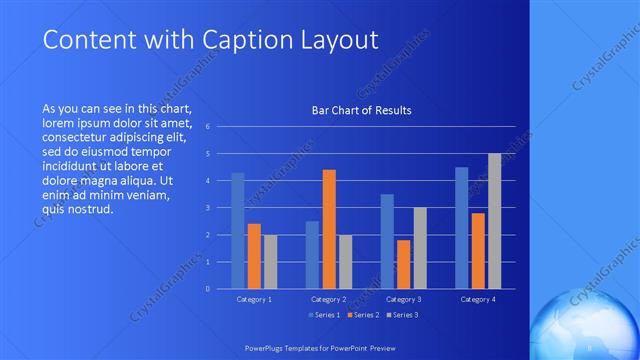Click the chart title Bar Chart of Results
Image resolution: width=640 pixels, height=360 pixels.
[x=361, y=110]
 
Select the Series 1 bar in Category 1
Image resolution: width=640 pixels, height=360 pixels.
[x=238, y=230]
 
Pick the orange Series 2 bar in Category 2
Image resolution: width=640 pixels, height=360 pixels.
[x=329, y=229]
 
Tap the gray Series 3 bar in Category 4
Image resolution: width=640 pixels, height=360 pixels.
[x=494, y=221]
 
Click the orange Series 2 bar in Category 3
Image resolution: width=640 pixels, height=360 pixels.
[x=403, y=264]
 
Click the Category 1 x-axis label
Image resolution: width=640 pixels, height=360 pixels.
[x=254, y=299]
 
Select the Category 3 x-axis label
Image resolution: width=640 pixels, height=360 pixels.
[x=403, y=299]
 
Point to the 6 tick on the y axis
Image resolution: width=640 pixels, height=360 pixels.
[x=206, y=127]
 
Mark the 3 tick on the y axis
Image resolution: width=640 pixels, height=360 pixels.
[x=206, y=208]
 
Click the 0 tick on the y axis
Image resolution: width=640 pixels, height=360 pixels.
[x=206, y=289]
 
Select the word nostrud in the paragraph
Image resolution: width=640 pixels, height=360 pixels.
[x=94, y=209]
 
